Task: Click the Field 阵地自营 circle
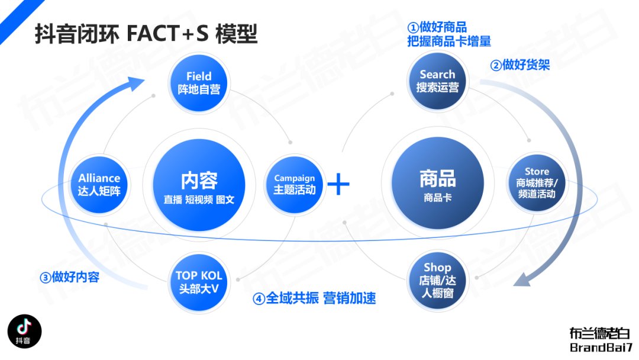pyautogui.click(x=199, y=83)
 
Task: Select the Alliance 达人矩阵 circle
pyautogui.click(x=99, y=185)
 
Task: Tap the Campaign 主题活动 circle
pyautogui.click(x=294, y=185)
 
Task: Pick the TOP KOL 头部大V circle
pyautogui.click(x=199, y=282)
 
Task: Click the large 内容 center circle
pyautogui.click(x=199, y=185)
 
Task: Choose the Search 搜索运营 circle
pyautogui.click(x=437, y=81)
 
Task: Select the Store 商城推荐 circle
pyautogui.click(x=536, y=182)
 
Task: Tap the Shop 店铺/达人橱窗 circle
pyautogui.click(x=437, y=280)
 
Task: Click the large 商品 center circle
pyautogui.click(x=437, y=182)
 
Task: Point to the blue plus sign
pyautogui.click(x=338, y=184)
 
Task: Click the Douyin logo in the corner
pyautogui.click(x=24, y=331)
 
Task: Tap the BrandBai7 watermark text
pyautogui.click(x=601, y=348)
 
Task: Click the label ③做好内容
pyautogui.click(x=69, y=277)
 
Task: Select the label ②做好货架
pyautogui.click(x=520, y=65)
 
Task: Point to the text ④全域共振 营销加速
pyautogui.click(x=314, y=298)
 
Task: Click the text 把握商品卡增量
pyautogui.click(x=449, y=41)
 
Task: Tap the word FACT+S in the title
pyautogui.click(x=168, y=33)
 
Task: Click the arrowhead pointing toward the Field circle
pyautogui.click(x=135, y=83)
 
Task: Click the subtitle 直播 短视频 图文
pyautogui.click(x=199, y=200)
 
